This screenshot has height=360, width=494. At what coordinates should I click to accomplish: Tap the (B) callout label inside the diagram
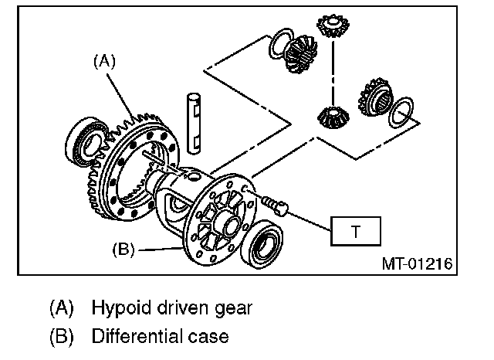tap(124, 250)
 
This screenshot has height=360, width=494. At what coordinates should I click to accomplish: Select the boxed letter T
tap(356, 230)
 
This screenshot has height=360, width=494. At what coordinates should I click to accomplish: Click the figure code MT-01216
tap(416, 263)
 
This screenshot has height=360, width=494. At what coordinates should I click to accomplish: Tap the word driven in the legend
tap(178, 308)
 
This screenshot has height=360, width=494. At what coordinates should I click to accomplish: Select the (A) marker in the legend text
tap(62, 308)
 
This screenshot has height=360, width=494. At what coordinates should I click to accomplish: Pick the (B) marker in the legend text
tap(62, 337)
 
